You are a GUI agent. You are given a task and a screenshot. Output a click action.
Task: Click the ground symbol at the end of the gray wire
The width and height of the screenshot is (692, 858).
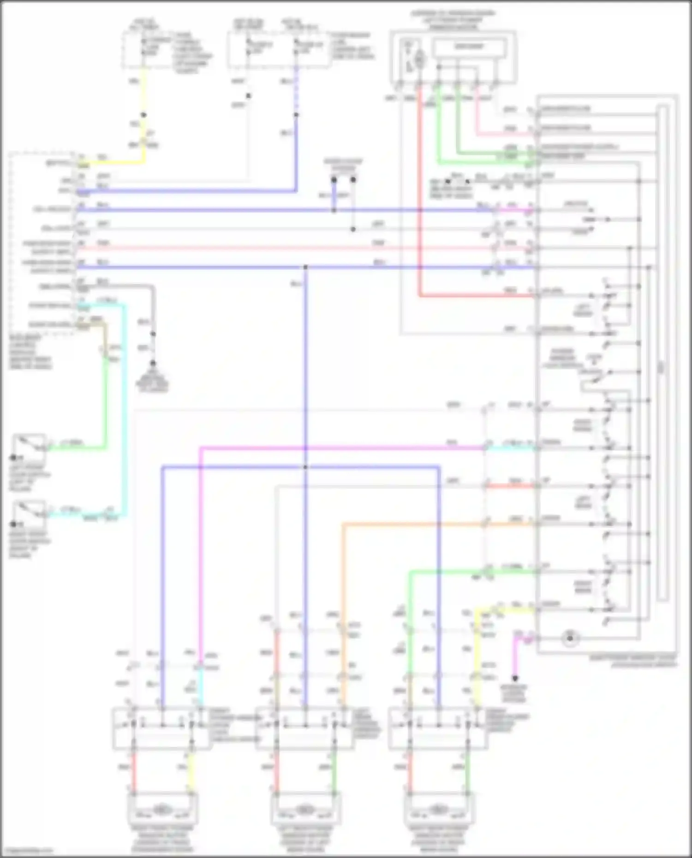pyautogui.click(x=153, y=364)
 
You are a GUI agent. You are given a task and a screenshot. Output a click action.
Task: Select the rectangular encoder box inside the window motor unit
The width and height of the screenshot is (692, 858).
pyautogui.click(x=469, y=47)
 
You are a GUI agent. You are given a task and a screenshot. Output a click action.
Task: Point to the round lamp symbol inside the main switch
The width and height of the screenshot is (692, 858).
pyautogui.click(x=570, y=639)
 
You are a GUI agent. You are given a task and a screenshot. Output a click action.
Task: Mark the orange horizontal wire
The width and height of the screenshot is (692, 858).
pyautogui.click(x=415, y=524)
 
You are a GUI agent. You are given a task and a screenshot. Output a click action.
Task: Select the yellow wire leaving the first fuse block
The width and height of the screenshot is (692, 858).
pyautogui.click(x=144, y=92)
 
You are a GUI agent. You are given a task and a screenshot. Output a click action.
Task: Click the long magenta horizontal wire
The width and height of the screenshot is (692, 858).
pyautogui.click(x=341, y=448)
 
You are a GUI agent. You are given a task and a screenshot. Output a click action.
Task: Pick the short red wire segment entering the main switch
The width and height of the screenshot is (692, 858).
pyautogui.click(x=510, y=486)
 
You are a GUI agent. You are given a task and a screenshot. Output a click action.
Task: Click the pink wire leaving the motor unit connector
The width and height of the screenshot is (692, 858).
pyautogui.click(x=477, y=115)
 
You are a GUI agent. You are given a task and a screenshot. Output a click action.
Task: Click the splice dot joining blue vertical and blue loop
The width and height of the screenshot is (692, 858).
pyautogui.click(x=305, y=467)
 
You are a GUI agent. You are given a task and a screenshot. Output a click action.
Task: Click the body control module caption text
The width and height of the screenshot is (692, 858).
pyautogui.click(x=30, y=352)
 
